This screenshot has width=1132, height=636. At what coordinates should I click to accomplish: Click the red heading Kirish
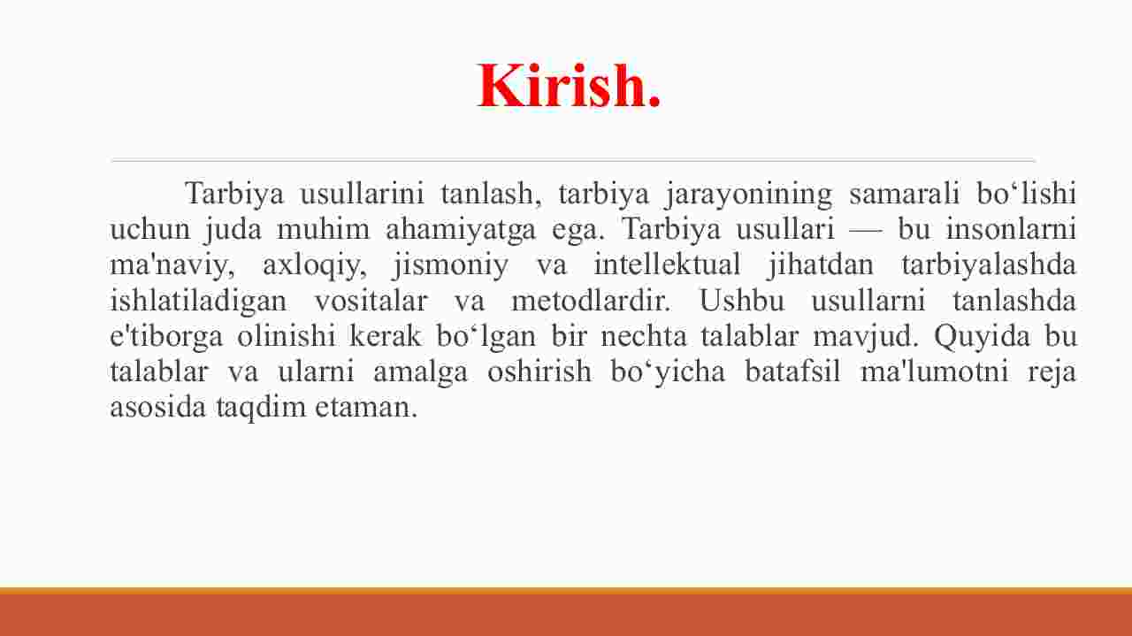click(x=569, y=85)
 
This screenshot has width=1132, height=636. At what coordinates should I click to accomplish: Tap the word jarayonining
click(x=748, y=195)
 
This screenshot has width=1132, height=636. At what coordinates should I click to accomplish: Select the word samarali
click(x=904, y=193)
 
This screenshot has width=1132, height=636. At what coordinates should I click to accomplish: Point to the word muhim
click(x=324, y=229)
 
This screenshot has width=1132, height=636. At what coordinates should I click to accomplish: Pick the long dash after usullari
click(x=866, y=231)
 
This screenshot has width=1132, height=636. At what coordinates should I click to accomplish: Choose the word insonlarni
click(x=1011, y=229)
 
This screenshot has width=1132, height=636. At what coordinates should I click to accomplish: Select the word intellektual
click(x=667, y=264)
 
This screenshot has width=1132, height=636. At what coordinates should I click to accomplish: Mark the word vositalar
click(x=371, y=300)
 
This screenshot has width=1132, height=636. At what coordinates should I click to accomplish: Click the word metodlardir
click(x=591, y=300)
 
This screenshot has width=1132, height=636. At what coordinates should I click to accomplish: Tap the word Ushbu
click(x=742, y=300)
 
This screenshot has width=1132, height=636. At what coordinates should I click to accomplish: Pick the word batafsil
click(x=792, y=372)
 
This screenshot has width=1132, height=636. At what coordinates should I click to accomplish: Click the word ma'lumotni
click(x=935, y=372)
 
